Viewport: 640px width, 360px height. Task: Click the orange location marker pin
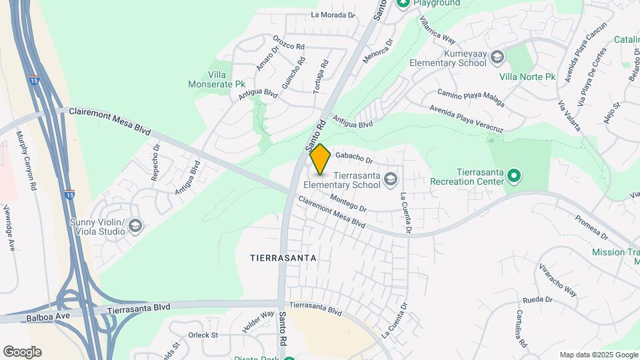pyautogui.click(x=320, y=159)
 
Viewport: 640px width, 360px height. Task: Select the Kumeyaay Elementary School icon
pyautogui.click(x=497, y=57)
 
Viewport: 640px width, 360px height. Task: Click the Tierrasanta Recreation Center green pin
pyautogui.click(x=513, y=176)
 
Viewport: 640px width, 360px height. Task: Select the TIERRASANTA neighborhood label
pyautogui.click(x=282, y=257)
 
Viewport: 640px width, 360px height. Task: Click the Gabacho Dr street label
pyautogui.click(x=354, y=157)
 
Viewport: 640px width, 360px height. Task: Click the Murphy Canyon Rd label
pyautogui.click(x=25, y=161)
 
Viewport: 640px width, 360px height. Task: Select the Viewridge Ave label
pyautogui.click(x=10, y=227)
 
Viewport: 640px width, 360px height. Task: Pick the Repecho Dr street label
pyautogui.click(x=155, y=163)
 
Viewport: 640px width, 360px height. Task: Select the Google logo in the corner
pyautogui.click(x=22, y=352)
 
